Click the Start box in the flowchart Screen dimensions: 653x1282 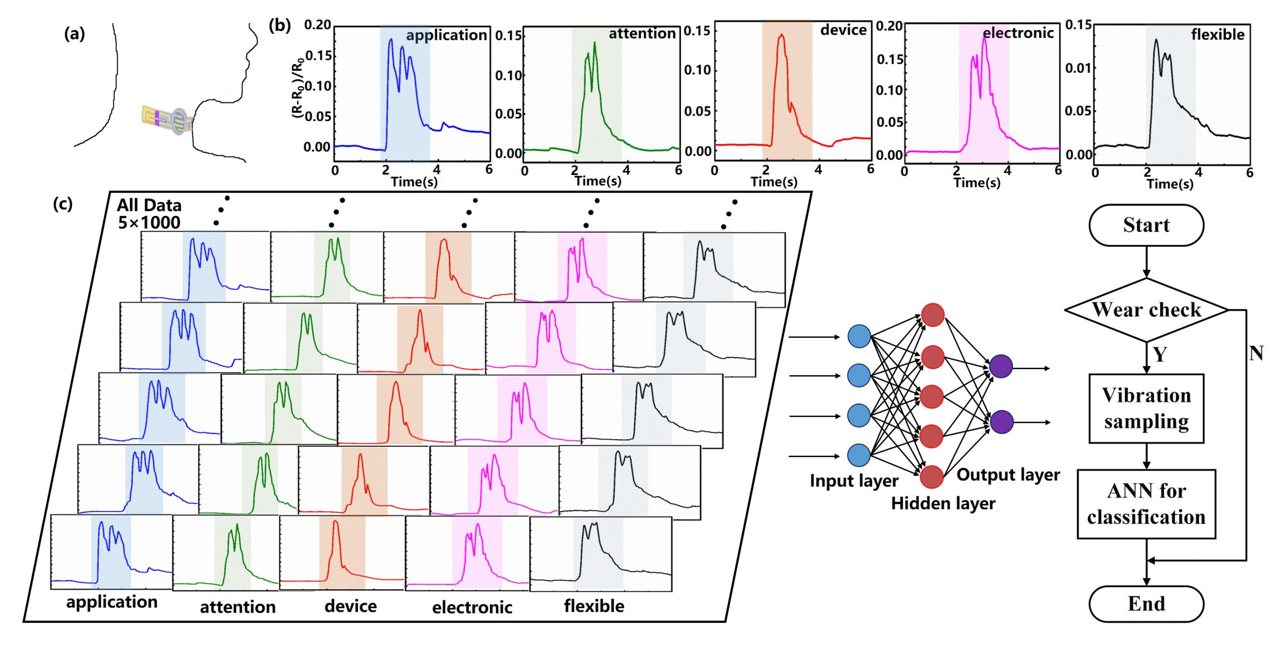coord(1146,225)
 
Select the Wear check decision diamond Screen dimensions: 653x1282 coord(1146,310)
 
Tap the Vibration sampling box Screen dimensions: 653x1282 coord(1146,408)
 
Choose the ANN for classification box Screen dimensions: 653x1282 coord(1146,504)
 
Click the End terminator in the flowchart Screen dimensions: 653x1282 coord(1146,604)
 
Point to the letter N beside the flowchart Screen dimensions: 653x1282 coord(1255,353)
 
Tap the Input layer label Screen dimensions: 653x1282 coord(854,481)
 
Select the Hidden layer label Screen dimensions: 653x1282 coord(943,503)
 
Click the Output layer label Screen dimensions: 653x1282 coord(1008,474)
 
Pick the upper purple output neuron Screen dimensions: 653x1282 coord(1001,367)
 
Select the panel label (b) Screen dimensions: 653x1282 coord(279,25)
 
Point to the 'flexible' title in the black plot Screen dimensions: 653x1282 coord(1217,34)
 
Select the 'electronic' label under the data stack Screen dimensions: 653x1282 coord(472,607)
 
